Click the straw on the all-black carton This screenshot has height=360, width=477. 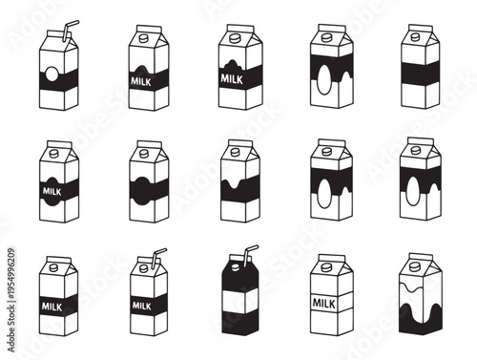(250, 254)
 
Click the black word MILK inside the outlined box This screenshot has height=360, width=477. (329, 304)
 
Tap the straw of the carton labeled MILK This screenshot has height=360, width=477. (155, 257)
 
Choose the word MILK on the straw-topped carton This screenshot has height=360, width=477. (142, 306)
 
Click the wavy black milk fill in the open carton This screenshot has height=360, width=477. (421, 311)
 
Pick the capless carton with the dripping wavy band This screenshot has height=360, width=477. (238, 181)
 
